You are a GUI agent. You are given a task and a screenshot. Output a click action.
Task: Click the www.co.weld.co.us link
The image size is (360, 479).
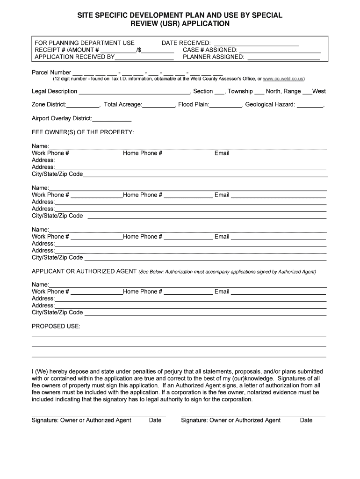point(283,79)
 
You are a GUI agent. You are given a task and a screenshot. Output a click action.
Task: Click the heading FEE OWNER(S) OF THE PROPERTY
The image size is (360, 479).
point(83,132)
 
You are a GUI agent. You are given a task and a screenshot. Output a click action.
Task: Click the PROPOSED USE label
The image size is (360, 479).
point(56,326)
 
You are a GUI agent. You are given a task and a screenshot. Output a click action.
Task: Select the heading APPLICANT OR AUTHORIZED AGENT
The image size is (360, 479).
point(84,271)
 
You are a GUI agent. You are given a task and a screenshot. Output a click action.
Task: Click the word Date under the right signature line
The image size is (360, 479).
point(306,420)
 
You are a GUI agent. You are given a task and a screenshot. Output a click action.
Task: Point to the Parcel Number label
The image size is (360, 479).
point(51,73)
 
